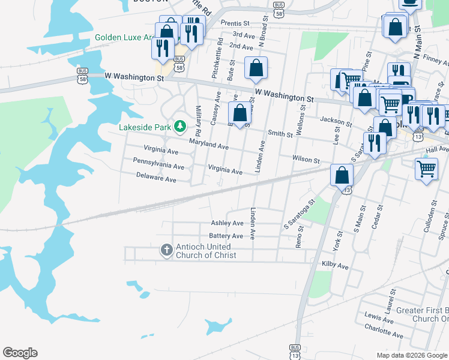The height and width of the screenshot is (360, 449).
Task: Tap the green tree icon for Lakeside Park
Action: [x=179, y=126]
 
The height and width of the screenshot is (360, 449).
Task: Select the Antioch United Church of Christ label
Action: [x=205, y=251]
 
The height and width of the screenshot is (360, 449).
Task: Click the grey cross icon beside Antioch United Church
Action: [x=167, y=248]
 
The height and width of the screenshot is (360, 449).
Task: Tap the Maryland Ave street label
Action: [x=209, y=145]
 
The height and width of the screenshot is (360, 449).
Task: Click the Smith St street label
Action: [x=280, y=134]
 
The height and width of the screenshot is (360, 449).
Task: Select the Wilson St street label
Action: [x=306, y=160]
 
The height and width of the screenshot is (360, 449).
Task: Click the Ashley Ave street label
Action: [x=228, y=223]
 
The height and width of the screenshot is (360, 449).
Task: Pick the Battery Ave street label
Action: [x=226, y=236]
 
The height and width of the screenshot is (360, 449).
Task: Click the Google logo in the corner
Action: [x=20, y=353]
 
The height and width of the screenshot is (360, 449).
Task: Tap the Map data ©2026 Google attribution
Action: [x=412, y=355]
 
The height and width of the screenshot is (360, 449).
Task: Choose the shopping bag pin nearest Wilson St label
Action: [x=342, y=175]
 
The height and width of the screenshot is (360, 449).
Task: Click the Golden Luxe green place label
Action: [x=124, y=37]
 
